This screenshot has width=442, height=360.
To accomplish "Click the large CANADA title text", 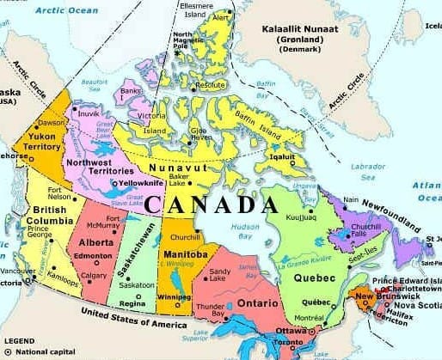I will [212, 205].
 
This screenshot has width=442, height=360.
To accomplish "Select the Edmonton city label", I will [94, 256].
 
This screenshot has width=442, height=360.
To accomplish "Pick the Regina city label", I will [132, 303].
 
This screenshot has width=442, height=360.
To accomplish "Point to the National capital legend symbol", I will [9, 351].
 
